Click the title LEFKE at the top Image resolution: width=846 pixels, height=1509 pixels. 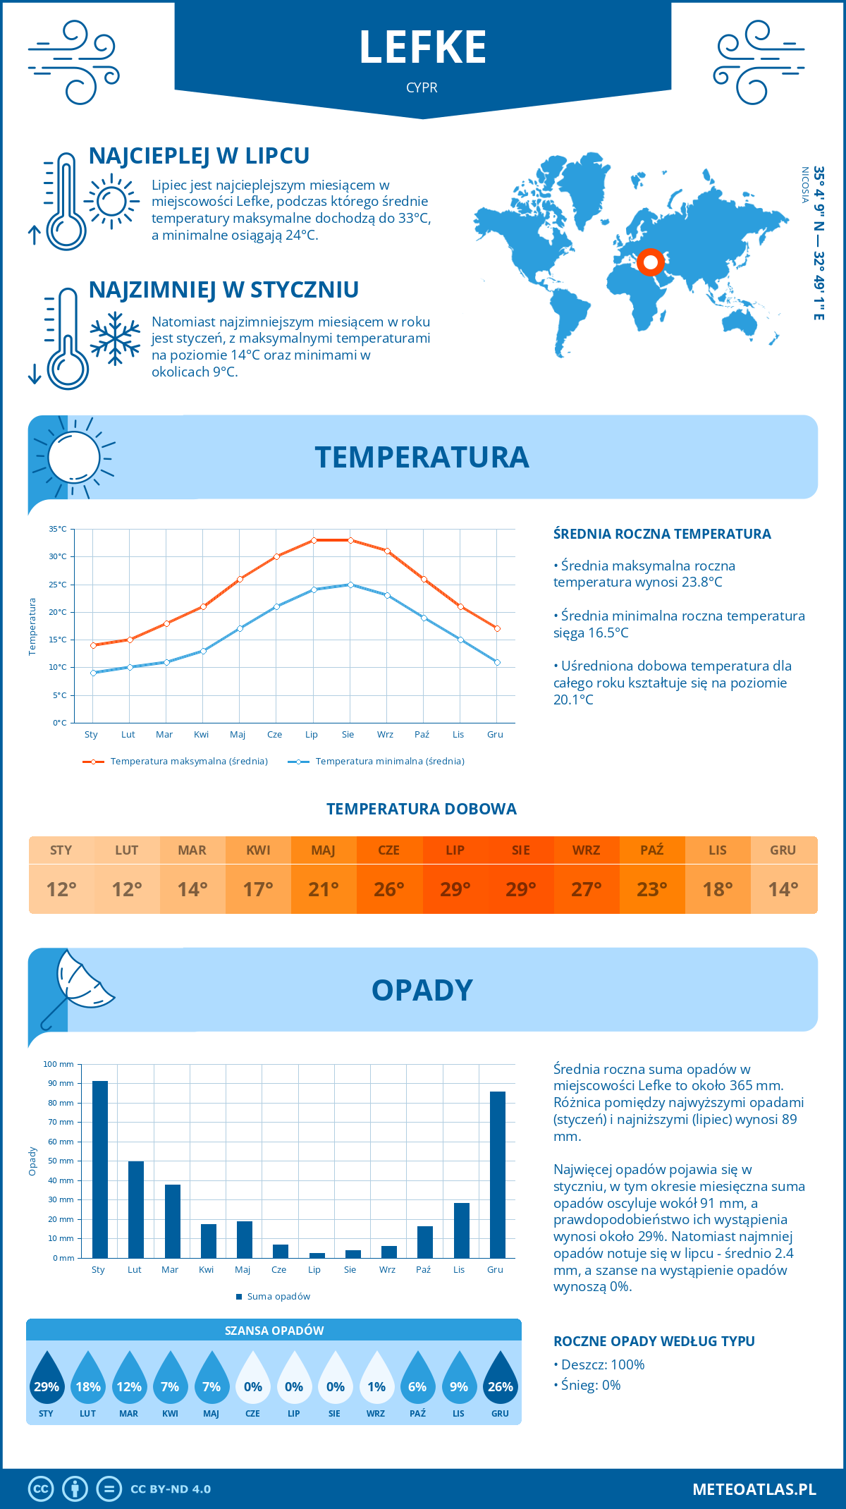(x=422, y=48)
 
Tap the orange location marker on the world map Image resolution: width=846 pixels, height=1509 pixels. (x=651, y=262)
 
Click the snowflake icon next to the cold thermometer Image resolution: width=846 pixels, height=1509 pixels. (x=115, y=338)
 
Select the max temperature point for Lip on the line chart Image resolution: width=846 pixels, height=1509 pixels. (x=314, y=540)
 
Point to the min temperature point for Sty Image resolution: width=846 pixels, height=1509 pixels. (x=93, y=673)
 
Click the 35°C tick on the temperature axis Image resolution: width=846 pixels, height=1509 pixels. (x=58, y=529)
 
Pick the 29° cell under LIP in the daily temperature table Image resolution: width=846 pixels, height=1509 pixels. (x=455, y=889)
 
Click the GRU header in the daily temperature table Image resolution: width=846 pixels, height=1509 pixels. (x=783, y=850)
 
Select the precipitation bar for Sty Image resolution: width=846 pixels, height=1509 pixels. (x=100, y=1169)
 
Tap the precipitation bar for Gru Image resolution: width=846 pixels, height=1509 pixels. (x=498, y=1174)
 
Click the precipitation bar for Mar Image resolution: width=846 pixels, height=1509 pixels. (x=172, y=1221)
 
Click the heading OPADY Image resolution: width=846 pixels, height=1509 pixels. (x=422, y=990)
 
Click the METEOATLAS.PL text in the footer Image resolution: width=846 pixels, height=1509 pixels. (x=754, y=1489)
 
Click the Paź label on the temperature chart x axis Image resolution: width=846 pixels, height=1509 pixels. (x=422, y=735)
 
